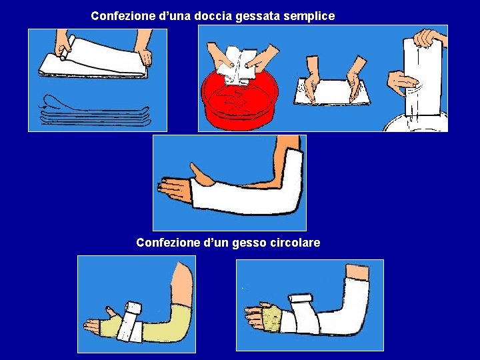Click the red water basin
tap(240, 101)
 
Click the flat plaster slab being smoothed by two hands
tap(332, 91)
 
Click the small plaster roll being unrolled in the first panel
tap(67, 47)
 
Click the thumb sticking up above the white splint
tap(201, 175)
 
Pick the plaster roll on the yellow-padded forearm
tap(131, 322)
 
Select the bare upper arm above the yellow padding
tap(182, 284)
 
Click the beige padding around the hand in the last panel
tap(271, 319)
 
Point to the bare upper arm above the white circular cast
tap(357, 273)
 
